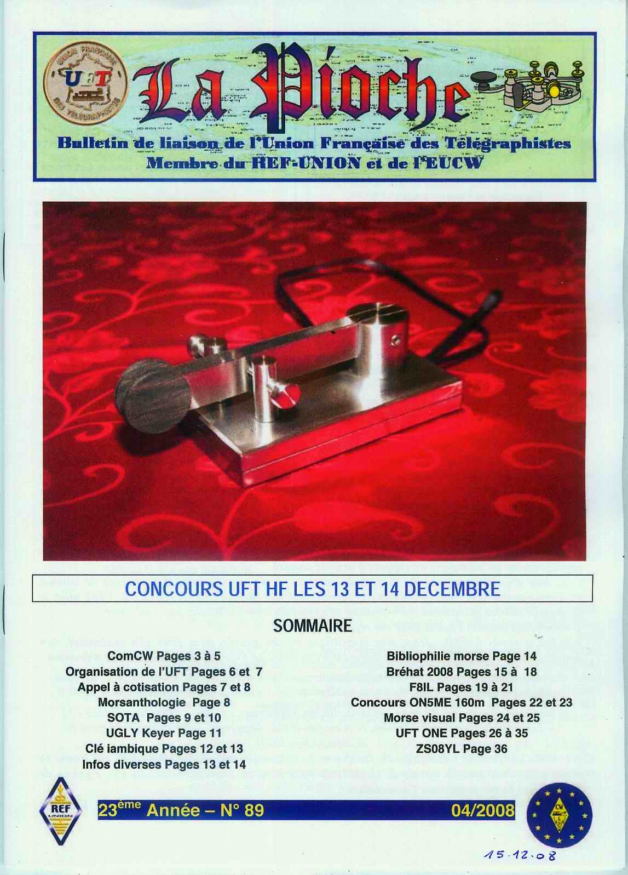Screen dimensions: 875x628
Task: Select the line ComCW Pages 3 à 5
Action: click(x=164, y=656)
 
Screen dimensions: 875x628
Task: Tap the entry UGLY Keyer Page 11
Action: click(x=164, y=733)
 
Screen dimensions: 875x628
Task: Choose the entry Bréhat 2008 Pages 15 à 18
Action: click(x=462, y=671)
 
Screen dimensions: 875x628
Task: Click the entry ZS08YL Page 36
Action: click(x=462, y=748)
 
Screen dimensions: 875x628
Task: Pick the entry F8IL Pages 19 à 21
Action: click(x=462, y=686)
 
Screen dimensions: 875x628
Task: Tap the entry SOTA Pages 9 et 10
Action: click(x=164, y=717)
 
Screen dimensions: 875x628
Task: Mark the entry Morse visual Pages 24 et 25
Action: click(x=462, y=717)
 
